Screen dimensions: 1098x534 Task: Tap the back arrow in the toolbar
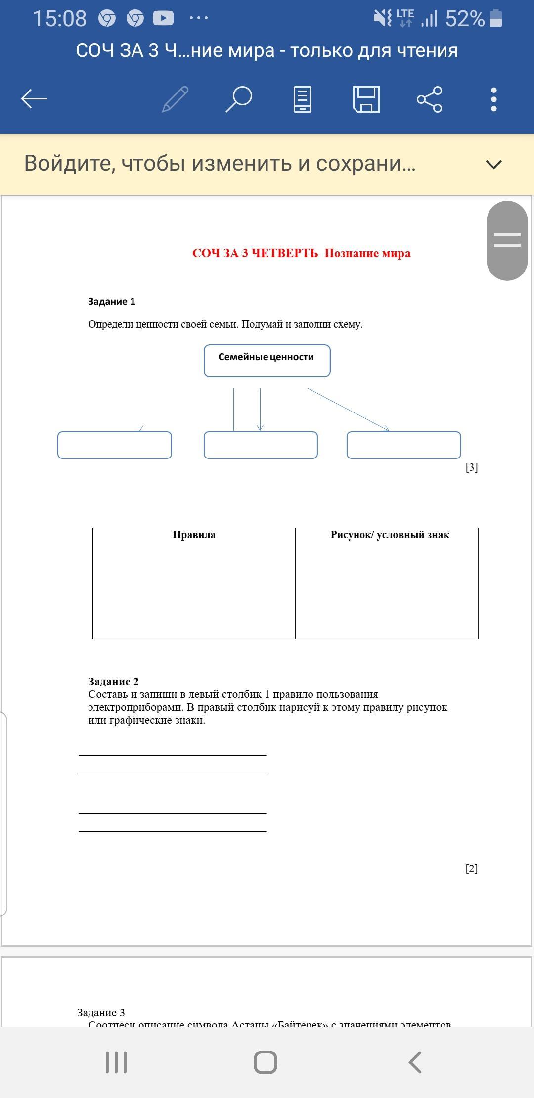pyautogui.click(x=34, y=99)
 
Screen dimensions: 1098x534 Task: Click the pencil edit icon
pyautogui.click(x=176, y=99)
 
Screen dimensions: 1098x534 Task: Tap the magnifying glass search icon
pyautogui.click(x=239, y=99)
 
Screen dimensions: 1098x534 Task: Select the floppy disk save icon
pyautogui.click(x=366, y=99)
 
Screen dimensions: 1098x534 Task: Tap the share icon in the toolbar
pyautogui.click(x=430, y=99)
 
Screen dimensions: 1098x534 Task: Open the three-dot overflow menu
pyautogui.click(x=493, y=99)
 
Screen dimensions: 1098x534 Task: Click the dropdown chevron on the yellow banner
pyautogui.click(x=494, y=164)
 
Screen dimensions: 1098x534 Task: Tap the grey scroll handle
pyautogui.click(x=507, y=240)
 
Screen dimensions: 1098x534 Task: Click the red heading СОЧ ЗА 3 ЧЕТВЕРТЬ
pyautogui.click(x=255, y=253)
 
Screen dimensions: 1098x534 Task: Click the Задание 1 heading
pyautogui.click(x=112, y=301)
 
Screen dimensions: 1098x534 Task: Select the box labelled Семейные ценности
pyautogui.click(x=267, y=361)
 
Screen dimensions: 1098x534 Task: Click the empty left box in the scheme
pyautogui.click(x=115, y=445)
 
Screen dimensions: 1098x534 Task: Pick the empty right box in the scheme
pyautogui.click(x=403, y=445)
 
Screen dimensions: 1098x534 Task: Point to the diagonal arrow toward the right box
pyautogui.click(x=348, y=409)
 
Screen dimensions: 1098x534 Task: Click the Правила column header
pyautogui.click(x=194, y=535)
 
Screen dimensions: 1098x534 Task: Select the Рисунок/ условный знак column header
pyautogui.click(x=390, y=535)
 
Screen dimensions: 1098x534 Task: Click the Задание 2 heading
pyautogui.click(x=113, y=681)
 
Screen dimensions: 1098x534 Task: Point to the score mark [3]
pyautogui.click(x=472, y=467)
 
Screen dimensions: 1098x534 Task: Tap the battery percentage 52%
pyautogui.click(x=465, y=19)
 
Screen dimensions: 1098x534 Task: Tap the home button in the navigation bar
pyautogui.click(x=266, y=1062)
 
